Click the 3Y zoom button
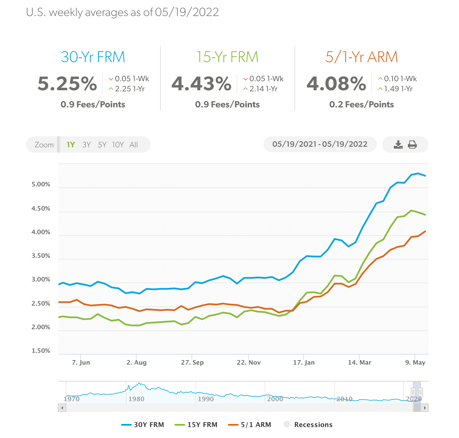click(87, 145)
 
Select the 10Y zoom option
click(118, 145)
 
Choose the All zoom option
click(134, 145)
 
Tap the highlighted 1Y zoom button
click(71, 145)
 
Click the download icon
click(398, 145)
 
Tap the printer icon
click(412, 145)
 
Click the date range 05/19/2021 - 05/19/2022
click(320, 144)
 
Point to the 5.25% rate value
click(67, 84)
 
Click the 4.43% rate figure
click(201, 84)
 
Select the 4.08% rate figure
click(336, 84)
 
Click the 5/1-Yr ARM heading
click(362, 57)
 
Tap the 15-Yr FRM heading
click(227, 57)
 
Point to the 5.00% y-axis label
click(41, 184)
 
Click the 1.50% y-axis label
click(41, 351)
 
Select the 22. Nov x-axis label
click(249, 362)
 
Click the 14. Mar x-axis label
click(360, 362)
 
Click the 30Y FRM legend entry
click(143, 425)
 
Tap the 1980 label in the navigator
click(136, 399)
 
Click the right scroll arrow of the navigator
click(425, 408)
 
